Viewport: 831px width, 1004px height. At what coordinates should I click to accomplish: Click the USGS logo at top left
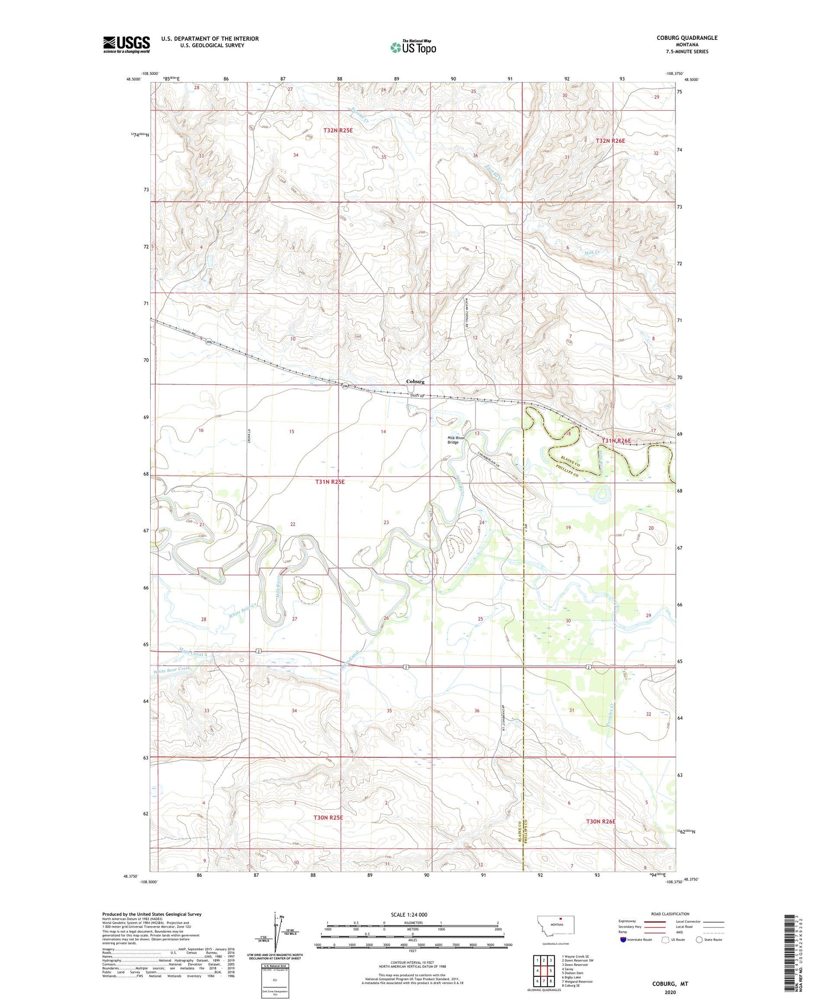(x=126, y=44)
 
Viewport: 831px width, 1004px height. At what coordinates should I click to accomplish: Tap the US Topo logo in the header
(x=413, y=47)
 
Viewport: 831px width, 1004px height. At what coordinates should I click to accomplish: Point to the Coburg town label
(x=415, y=382)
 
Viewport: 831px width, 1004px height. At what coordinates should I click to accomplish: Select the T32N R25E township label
(x=338, y=131)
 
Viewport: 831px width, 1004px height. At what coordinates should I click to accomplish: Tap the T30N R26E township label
(x=601, y=821)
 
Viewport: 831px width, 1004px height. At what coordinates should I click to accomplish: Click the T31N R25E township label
(x=330, y=482)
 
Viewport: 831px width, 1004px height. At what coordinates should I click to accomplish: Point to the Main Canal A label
(x=193, y=651)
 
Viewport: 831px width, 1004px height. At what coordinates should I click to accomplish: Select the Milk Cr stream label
(x=593, y=253)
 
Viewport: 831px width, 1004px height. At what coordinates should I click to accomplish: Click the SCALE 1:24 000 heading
(x=412, y=914)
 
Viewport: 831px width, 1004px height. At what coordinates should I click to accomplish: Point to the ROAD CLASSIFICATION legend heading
(x=670, y=914)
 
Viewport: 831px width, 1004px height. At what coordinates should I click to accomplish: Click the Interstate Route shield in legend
(x=623, y=940)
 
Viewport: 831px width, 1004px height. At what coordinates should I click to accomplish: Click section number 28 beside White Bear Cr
(x=204, y=619)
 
